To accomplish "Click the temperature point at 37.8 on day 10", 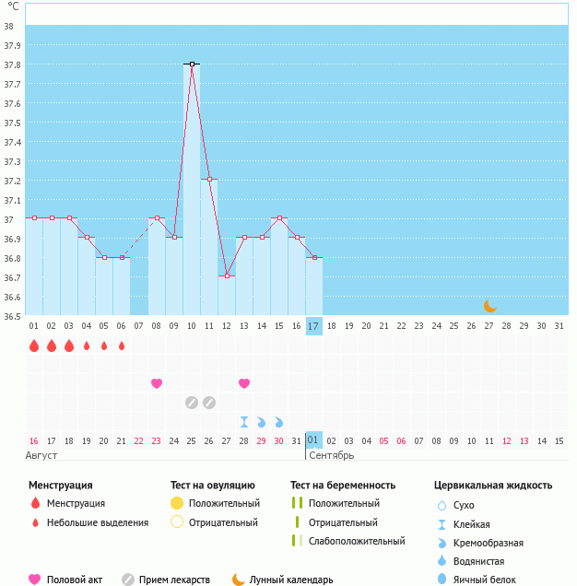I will tap(192, 64).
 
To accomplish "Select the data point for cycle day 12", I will tap(227, 275).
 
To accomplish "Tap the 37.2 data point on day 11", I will tap(209, 179).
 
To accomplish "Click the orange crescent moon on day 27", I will tap(490, 306).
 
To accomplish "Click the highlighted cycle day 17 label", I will tap(314, 325).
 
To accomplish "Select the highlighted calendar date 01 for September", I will tap(313, 440).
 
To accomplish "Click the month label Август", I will tap(42, 456).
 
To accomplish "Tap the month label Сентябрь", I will tap(331, 456).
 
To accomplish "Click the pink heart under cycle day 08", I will tap(157, 383).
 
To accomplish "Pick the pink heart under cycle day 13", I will tap(244, 383).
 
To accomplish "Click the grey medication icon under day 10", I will tap(192, 402).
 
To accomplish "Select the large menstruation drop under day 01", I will tap(34, 346).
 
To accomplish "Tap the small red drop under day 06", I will tap(122, 346).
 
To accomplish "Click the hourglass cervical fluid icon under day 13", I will tap(244, 422).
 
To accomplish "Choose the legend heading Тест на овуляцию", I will tap(213, 485).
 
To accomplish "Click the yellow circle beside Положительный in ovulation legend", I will tap(177, 503).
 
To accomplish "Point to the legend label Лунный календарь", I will tap(291, 580).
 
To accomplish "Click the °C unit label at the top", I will tap(13, 6).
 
